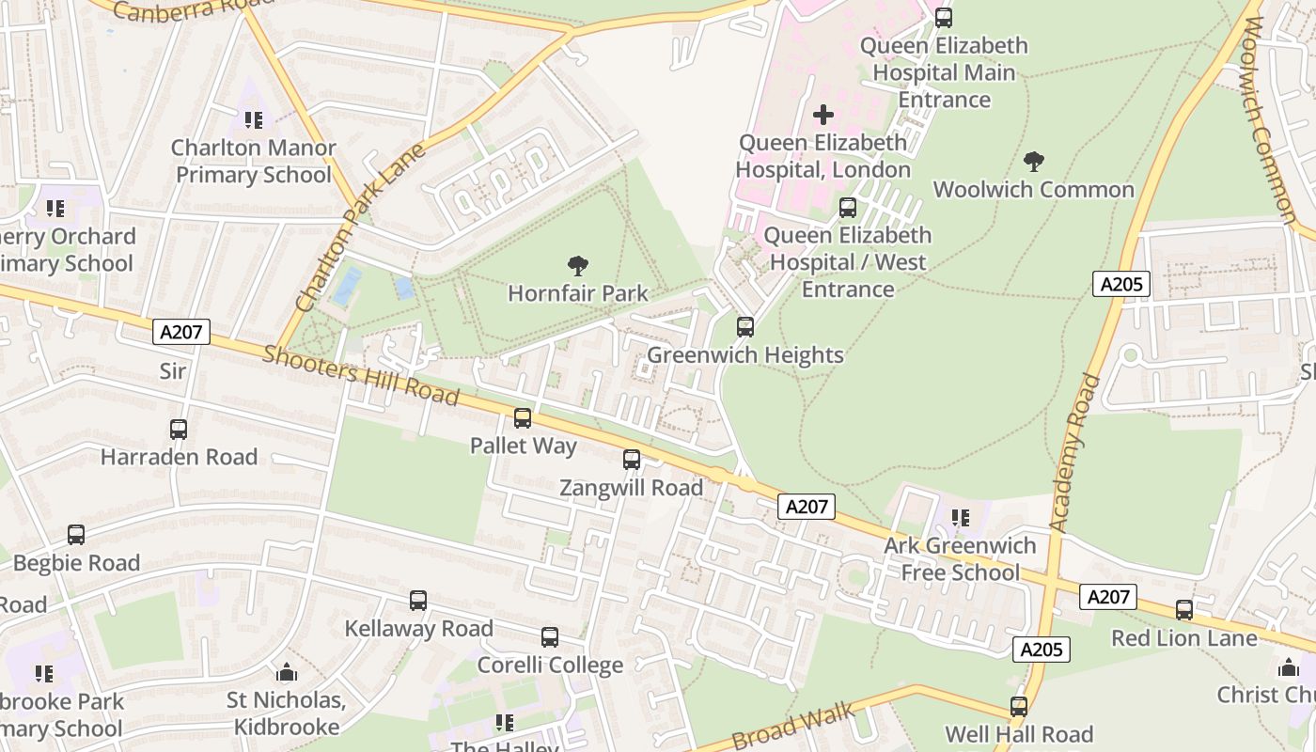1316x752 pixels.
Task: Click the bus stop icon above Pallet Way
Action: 523,418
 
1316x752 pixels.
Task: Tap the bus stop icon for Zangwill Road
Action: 632,460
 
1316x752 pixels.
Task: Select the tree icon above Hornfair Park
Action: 578,266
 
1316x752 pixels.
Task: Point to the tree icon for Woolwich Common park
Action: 1034,162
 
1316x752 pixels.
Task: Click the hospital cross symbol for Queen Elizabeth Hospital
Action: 823,115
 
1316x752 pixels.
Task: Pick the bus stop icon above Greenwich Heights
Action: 745,327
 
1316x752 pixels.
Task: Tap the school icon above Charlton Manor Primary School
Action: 254,120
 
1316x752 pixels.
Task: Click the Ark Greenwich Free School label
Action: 960,559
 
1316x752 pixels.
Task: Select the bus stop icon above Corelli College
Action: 550,637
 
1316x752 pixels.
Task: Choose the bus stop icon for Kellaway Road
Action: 418,601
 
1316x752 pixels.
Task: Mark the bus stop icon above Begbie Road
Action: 76,535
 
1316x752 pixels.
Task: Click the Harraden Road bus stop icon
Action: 179,430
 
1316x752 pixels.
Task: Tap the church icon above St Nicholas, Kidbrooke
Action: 287,672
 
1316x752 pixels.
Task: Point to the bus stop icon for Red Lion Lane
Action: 1184,610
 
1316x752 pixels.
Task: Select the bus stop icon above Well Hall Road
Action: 1019,706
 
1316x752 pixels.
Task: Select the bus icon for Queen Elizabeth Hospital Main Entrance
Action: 944,17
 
